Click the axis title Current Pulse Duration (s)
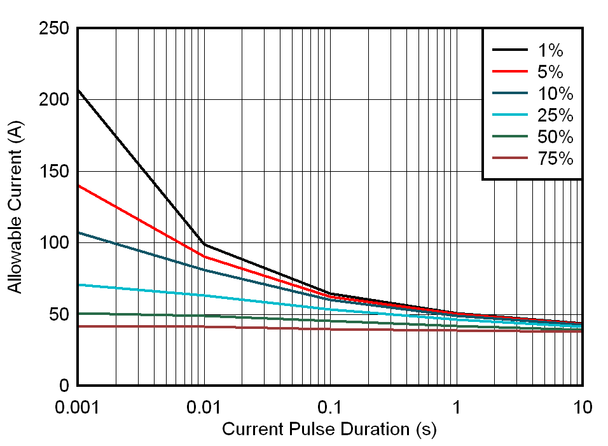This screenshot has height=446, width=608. tap(329, 429)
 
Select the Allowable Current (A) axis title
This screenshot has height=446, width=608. tap(15, 207)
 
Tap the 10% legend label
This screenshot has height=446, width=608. tap(555, 94)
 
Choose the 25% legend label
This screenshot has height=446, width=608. tap(555, 115)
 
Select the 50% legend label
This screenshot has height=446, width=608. tap(555, 137)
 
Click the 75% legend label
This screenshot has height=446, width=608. tap(555, 158)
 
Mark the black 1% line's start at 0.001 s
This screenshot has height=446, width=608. tap(78, 90)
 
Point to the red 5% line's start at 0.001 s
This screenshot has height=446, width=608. tap(78, 185)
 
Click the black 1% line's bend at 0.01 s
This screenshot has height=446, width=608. tap(204, 244)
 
